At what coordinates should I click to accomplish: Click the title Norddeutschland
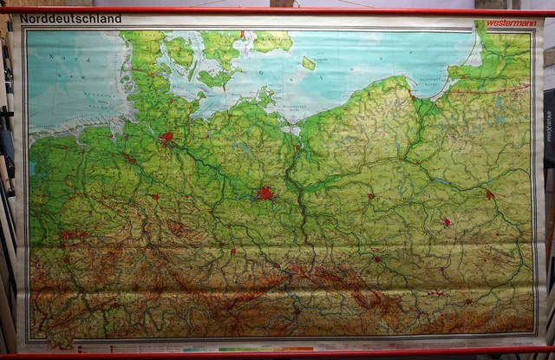click(72, 18)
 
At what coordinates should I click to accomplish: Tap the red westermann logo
click(511, 23)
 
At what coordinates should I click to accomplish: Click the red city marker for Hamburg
click(167, 137)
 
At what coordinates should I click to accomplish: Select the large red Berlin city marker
click(265, 194)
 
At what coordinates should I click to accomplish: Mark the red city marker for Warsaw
click(490, 195)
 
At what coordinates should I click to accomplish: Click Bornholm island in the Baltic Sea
click(309, 62)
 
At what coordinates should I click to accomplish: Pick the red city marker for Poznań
click(370, 196)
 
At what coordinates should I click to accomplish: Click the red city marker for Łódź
click(447, 222)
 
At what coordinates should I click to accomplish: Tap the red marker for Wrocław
click(377, 259)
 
